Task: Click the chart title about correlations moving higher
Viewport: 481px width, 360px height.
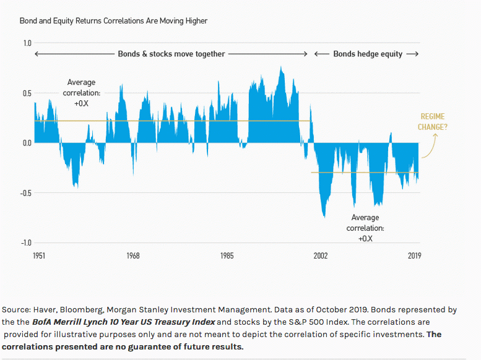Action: click(x=113, y=21)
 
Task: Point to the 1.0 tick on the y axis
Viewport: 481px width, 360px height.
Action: click(x=27, y=43)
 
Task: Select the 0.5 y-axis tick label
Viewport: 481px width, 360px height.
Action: click(x=27, y=93)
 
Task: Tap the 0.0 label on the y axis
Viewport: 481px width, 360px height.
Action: click(x=27, y=143)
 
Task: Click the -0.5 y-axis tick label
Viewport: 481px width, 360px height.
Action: click(x=26, y=193)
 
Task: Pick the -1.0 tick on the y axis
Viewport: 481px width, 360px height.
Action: click(x=26, y=242)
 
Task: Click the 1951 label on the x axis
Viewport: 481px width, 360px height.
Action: click(x=38, y=256)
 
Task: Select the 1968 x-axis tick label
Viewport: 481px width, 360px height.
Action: click(x=132, y=256)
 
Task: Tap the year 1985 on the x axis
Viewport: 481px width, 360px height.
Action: click(x=227, y=256)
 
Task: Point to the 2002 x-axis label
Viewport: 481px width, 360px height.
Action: click(x=321, y=256)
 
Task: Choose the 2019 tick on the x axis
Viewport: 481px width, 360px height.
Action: click(x=414, y=256)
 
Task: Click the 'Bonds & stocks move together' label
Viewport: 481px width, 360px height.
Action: click(x=171, y=54)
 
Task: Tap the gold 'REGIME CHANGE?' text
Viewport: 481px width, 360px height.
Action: click(x=433, y=122)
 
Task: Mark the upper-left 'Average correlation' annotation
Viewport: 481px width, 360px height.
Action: click(x=81, y=93)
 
